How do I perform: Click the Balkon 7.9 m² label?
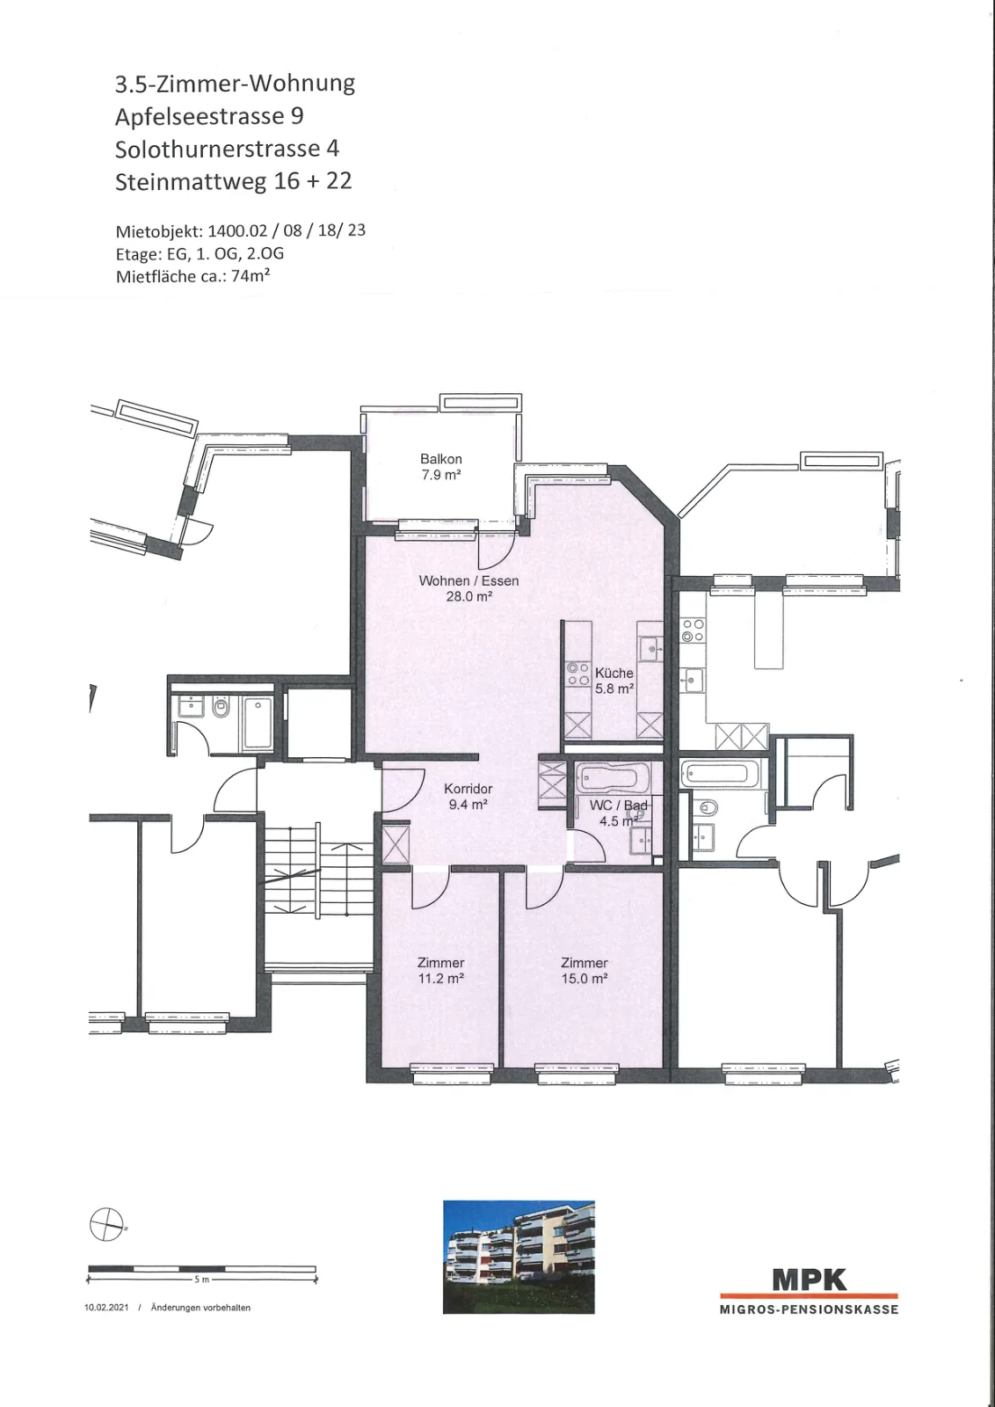coord(440,467)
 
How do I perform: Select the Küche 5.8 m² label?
coord(614,681)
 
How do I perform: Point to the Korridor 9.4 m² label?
coord(468,796)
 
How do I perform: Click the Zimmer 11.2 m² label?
coord(440,970)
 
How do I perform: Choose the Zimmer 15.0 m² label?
coord(585,970)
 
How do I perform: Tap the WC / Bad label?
coord(618,806)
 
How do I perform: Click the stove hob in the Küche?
coord(577,674)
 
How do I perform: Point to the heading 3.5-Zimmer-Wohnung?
coord(235,84)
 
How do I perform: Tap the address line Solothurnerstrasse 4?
coord(228,149)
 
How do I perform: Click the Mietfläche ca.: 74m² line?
coord(192,276)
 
